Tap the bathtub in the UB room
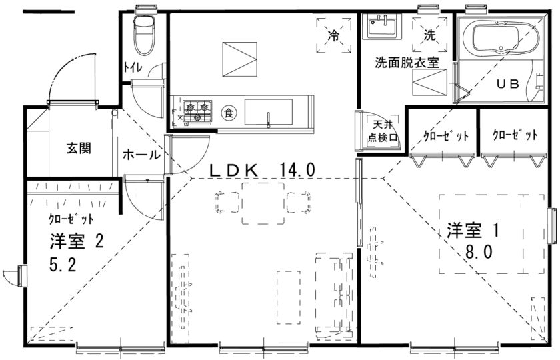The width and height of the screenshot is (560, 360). [501, 37]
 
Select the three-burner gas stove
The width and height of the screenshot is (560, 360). [197, 111]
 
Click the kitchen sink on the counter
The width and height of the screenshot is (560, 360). [268, 112]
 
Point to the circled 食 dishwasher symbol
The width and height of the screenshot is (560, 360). [228, 113]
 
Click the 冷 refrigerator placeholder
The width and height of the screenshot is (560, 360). [333, 36]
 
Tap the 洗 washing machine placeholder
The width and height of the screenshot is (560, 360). [429, 35]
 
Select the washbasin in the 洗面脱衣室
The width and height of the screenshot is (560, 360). [381, 27]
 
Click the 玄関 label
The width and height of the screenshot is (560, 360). [79, 148]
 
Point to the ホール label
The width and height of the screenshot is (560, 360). [141, 155]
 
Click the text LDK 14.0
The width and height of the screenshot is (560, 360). [262, 169]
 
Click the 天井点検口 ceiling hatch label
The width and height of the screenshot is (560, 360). [383, 131]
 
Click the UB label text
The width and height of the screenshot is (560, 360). [508, 84]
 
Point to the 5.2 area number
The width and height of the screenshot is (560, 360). [63, 265]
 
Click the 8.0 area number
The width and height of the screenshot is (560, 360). [479, 252]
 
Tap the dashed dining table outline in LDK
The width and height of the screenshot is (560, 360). [263, 203]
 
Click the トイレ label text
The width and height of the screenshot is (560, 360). [133, 67]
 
